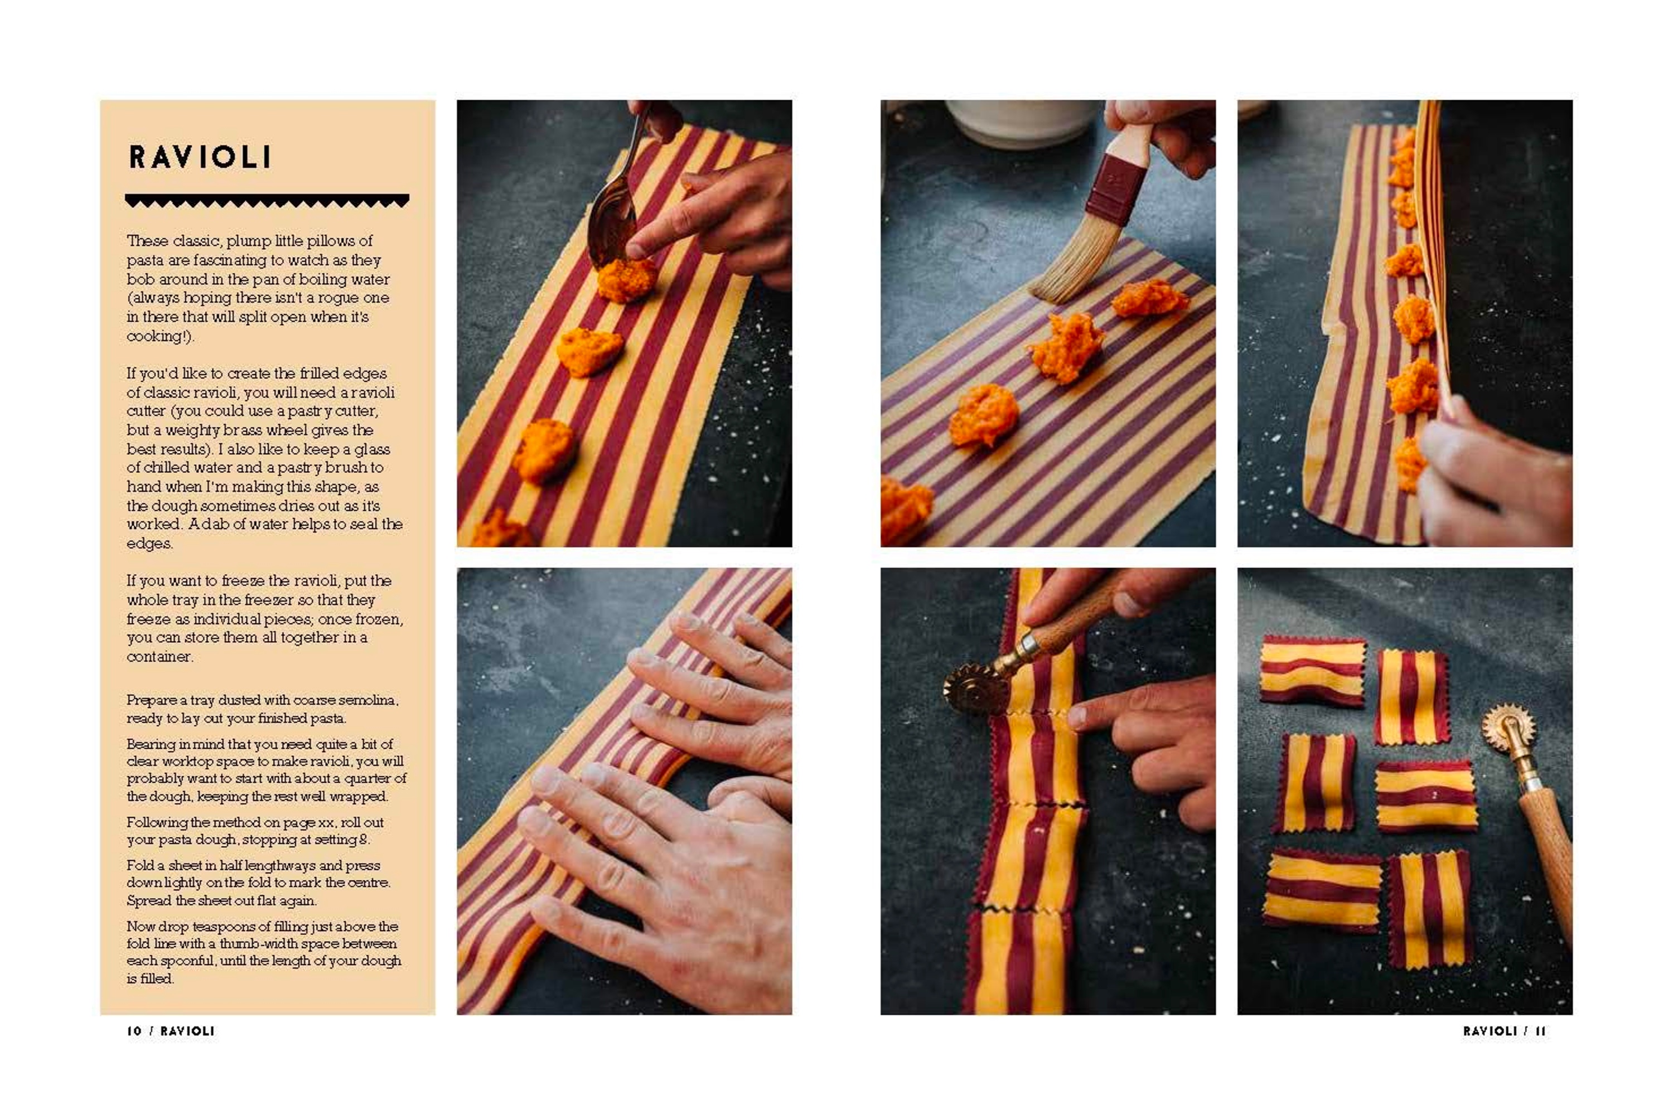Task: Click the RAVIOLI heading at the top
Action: (x=200, y=157)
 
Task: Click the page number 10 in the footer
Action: (x=134, y=1030)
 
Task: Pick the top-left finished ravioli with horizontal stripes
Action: (x=1312, y=671)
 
